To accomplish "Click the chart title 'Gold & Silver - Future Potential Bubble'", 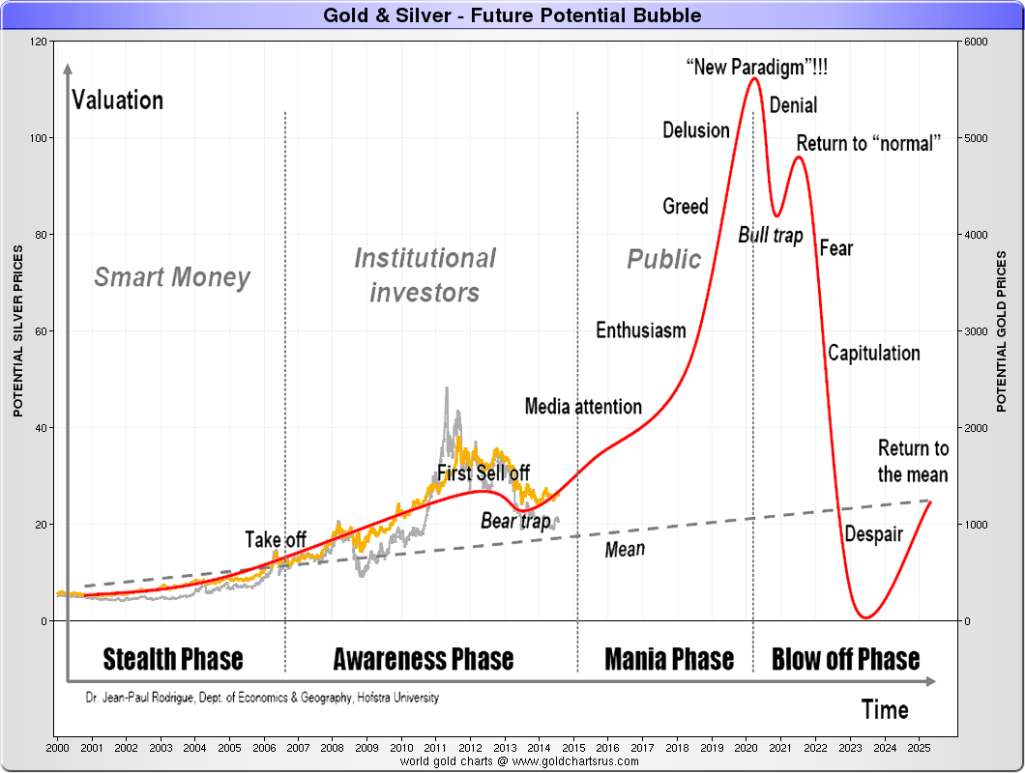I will [512, 15].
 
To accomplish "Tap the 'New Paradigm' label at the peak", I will [756, 69].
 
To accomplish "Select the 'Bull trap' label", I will [771, 235].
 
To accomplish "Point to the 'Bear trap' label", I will [515, 521].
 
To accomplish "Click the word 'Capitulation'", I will [873, 353].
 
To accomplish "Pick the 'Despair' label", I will [873, 534].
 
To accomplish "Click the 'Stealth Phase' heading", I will [173, 660].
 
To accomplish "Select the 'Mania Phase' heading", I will [669, 660].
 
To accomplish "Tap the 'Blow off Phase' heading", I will [845, 660].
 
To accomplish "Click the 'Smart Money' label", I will [172, 278].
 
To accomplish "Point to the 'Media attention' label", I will [583, 407].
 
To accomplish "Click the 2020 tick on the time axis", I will [747, 749].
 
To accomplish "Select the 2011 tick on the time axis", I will [436, 749].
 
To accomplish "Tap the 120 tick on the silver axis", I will [39, 42].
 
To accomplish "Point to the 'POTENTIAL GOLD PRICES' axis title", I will [1002, 330].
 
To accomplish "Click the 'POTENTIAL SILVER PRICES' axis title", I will [17, 330].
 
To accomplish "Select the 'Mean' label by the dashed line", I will [625, 550].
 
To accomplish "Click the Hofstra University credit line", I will [261, 697].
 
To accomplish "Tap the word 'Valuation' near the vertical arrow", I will [118, 100].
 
